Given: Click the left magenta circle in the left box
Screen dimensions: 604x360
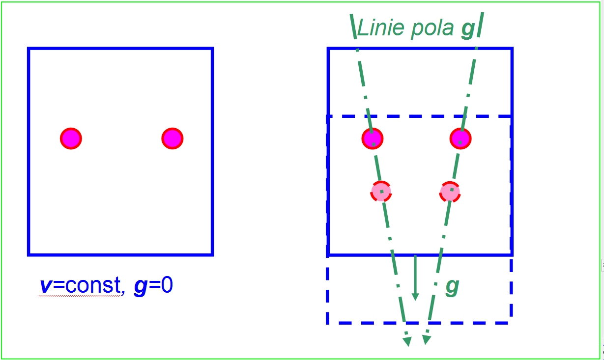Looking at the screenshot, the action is pyautogui.click(x=71, y=138).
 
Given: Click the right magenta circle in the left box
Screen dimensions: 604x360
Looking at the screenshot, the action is pyautogui.click(x=173, y=138).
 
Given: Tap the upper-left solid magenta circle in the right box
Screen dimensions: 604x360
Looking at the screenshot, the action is pyautogui.click(x=373, y=138).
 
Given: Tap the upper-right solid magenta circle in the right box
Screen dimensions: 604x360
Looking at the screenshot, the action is pyautogui.click(x=460, y=138).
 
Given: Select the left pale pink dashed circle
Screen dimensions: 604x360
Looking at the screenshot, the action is pyautogui.click(x=381, y=192).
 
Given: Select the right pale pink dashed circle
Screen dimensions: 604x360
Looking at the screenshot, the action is pyautogui.click(x=450, y=192).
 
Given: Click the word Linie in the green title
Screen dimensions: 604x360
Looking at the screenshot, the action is pyautogui.click(x=381, y=27).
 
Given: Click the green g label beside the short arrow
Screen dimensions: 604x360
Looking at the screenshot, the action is pyautogui.click(x=452, y=287).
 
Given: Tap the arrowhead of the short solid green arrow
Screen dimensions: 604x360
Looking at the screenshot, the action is pyautogui.click(x=415, y=297).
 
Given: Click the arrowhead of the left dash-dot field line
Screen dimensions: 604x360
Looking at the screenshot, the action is pyautogui.click(x=407, y=341).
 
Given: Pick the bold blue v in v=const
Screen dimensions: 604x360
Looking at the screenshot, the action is pyautogui.click(x=46, y=285).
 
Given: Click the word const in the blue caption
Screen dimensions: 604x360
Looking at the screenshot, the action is pyautogui.click(x=93, y=284).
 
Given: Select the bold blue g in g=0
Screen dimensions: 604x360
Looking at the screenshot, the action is pyautogui.click(x=141, y=287).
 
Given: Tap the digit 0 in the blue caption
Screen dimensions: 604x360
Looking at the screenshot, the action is pyautogui.click(x=167, y=284).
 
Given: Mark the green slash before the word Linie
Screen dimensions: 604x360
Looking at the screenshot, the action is pyautogui.click(x=353, y=27).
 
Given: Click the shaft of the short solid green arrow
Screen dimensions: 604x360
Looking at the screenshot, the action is pyautogui.click(x=415, y=275).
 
